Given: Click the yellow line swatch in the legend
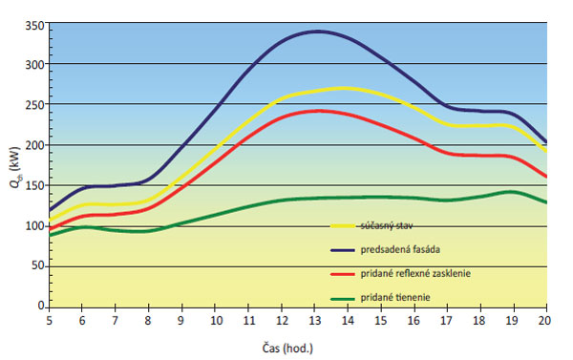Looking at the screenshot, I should [350, 226].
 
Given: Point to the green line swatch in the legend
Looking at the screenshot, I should [350, 299].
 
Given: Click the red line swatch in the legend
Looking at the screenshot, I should [350, 275].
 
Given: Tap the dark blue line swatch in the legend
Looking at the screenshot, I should [350, 250].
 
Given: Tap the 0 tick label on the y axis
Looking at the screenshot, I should [40, 307].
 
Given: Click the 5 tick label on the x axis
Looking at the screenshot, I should [49, 322].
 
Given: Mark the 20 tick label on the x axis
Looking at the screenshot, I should [545, 322].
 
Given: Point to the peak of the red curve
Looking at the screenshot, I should [319, 111].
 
